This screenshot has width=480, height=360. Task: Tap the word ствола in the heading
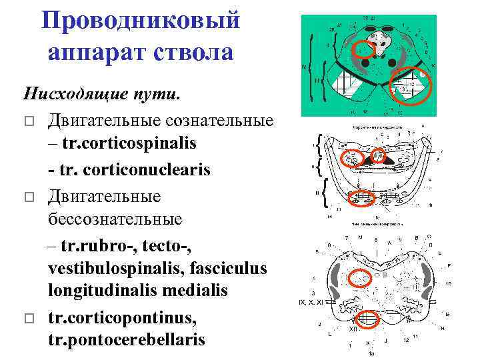193,52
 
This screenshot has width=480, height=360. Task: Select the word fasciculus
223,268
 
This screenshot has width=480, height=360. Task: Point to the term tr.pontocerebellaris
127,340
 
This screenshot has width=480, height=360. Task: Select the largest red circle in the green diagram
409,87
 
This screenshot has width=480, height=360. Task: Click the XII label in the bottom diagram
353,329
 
